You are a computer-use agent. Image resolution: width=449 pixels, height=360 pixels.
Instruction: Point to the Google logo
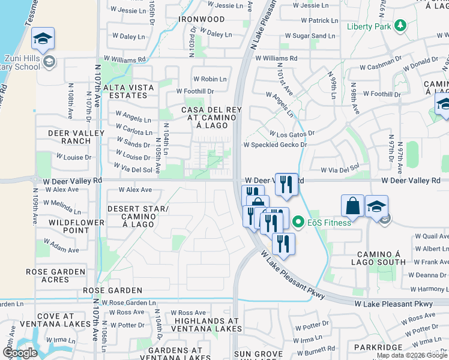(x=20, y=353)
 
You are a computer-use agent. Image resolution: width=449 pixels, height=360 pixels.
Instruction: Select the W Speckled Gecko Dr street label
(x=275, y=145)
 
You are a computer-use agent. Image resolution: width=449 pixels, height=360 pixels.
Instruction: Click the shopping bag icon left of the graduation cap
(x=353, y=205)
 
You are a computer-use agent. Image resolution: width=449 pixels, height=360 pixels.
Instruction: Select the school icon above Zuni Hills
(x=43, y=40)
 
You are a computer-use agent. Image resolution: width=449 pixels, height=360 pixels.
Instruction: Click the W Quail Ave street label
(x=432, y=236)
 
